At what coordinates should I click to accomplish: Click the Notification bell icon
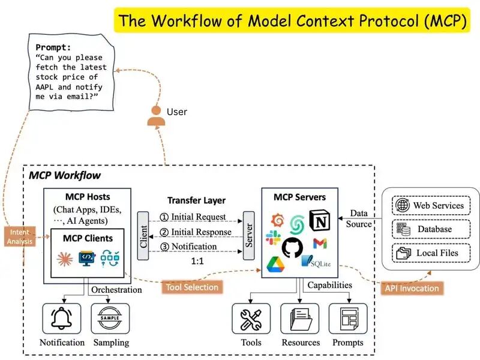62,319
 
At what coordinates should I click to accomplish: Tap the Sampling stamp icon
110,319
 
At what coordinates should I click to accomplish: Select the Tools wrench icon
251,319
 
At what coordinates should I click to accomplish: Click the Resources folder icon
300,319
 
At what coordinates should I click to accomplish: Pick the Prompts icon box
348,319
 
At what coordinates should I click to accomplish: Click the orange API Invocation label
411,288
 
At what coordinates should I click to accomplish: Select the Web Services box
431,206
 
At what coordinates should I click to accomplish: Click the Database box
431,229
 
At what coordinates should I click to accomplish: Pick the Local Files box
431,253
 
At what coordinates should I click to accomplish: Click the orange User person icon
156,116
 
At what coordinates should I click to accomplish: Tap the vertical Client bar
142,236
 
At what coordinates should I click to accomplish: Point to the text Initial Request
198,217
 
